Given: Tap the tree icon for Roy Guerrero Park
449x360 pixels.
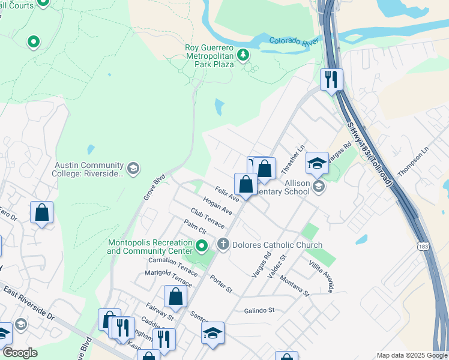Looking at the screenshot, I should [x=243, y=56].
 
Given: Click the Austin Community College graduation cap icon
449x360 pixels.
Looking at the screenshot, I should [x=133, y=169].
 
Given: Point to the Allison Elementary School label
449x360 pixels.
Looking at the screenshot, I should [x=288, y=186].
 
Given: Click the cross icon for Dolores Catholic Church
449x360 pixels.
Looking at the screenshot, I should [x=223, y=244].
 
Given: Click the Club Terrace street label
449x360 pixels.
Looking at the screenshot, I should [x=207, y=218].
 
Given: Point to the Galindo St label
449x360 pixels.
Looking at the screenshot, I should [x=259, y=310].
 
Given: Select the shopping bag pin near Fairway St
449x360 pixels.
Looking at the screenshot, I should [x=175, y=297].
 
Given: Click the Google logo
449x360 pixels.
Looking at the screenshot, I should [x=20, y=353].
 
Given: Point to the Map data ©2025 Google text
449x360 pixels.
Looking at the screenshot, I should [x=411, y=355].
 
